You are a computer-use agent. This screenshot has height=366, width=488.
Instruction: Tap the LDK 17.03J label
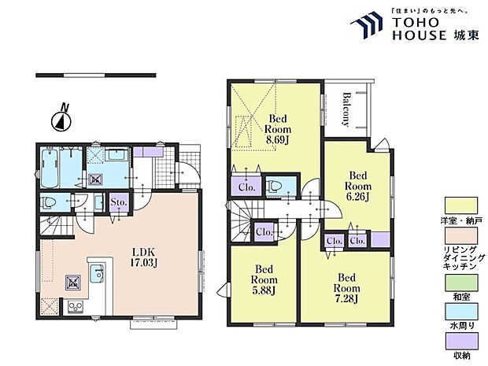tap(143, 257)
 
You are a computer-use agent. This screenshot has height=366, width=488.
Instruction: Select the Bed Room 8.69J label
tap(278, 129)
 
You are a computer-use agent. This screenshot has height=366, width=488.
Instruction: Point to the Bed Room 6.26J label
tap(358, 186)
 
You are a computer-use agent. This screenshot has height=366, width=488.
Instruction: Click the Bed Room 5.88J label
tap(264, 279)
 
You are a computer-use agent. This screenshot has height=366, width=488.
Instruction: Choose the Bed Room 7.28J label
tap(346, 288)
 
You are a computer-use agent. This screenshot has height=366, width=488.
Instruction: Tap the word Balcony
tap(346, 109)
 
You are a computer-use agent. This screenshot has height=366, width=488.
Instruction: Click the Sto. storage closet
tap(119, 202)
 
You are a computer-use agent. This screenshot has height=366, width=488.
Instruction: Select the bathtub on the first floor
tap(50, 168)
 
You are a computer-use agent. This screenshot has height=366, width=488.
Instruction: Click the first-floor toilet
tap(49, 203)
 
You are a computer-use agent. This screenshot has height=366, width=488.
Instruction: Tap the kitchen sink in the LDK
tap(97, 273)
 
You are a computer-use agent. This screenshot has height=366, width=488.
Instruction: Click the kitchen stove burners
tap(76, 307)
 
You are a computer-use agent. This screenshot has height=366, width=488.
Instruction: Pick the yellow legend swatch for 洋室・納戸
tap(461, 205)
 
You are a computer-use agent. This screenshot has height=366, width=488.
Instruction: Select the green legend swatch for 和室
tap(461, 283)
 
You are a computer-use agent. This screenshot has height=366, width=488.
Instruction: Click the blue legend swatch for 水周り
tap(461, 312)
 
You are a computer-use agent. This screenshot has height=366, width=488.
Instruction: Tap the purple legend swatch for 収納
tap(461, 341)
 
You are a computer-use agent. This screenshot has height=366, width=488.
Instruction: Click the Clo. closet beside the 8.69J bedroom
tap(246, 186)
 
